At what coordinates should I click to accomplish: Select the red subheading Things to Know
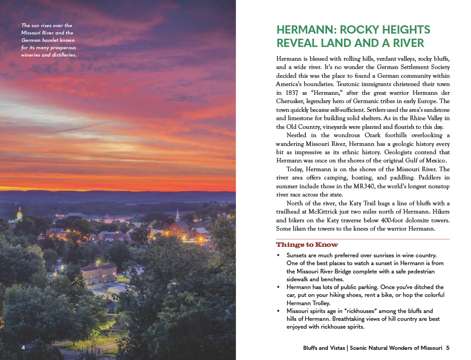307,245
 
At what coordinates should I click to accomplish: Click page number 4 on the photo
23,347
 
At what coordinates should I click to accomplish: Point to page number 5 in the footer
448,348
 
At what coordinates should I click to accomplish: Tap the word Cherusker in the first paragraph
291,101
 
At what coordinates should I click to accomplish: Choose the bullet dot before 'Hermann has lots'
278,287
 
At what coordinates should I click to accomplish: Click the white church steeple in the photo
178,215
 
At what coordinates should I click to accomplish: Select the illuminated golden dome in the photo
20,215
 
